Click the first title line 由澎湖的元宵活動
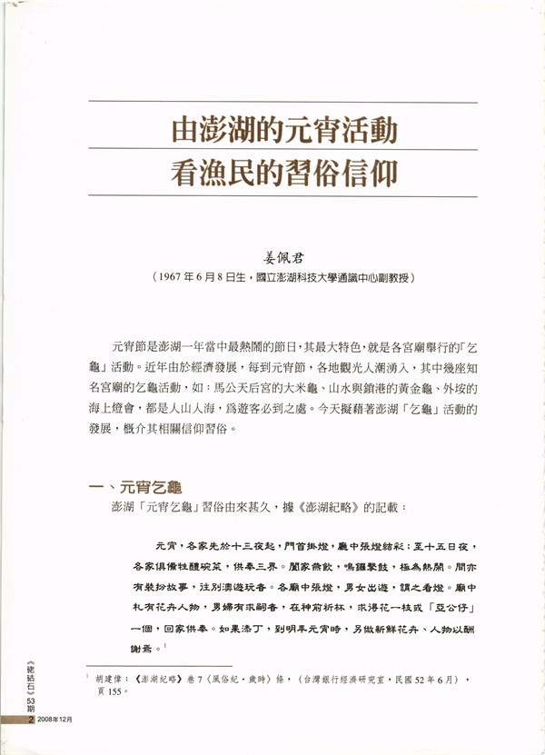(x=284, y=131)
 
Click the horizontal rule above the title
(x=284, y=102)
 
